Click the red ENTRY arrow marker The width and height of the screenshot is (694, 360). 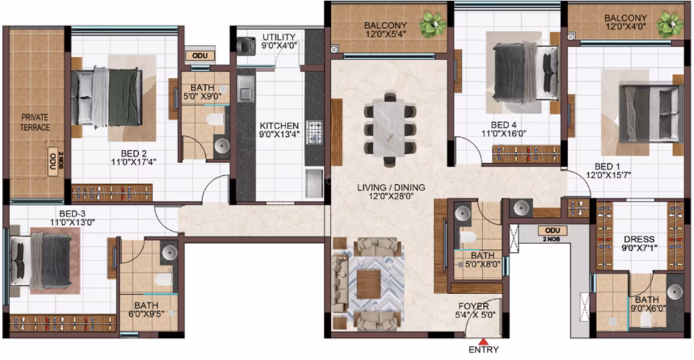coord(484,341)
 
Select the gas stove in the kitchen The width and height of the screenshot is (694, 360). coord(314,132)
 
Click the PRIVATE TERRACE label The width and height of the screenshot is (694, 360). coord(35,123)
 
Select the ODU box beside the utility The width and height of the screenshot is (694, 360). coord(200,56)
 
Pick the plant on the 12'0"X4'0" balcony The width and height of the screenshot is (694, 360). coord(669,24)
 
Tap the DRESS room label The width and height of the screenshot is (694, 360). coord(639,239)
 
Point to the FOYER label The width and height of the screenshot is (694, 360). coord(474,306)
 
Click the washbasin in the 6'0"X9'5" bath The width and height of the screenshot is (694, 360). coord(169,252)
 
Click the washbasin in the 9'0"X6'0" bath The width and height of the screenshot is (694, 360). coord(675,292)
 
